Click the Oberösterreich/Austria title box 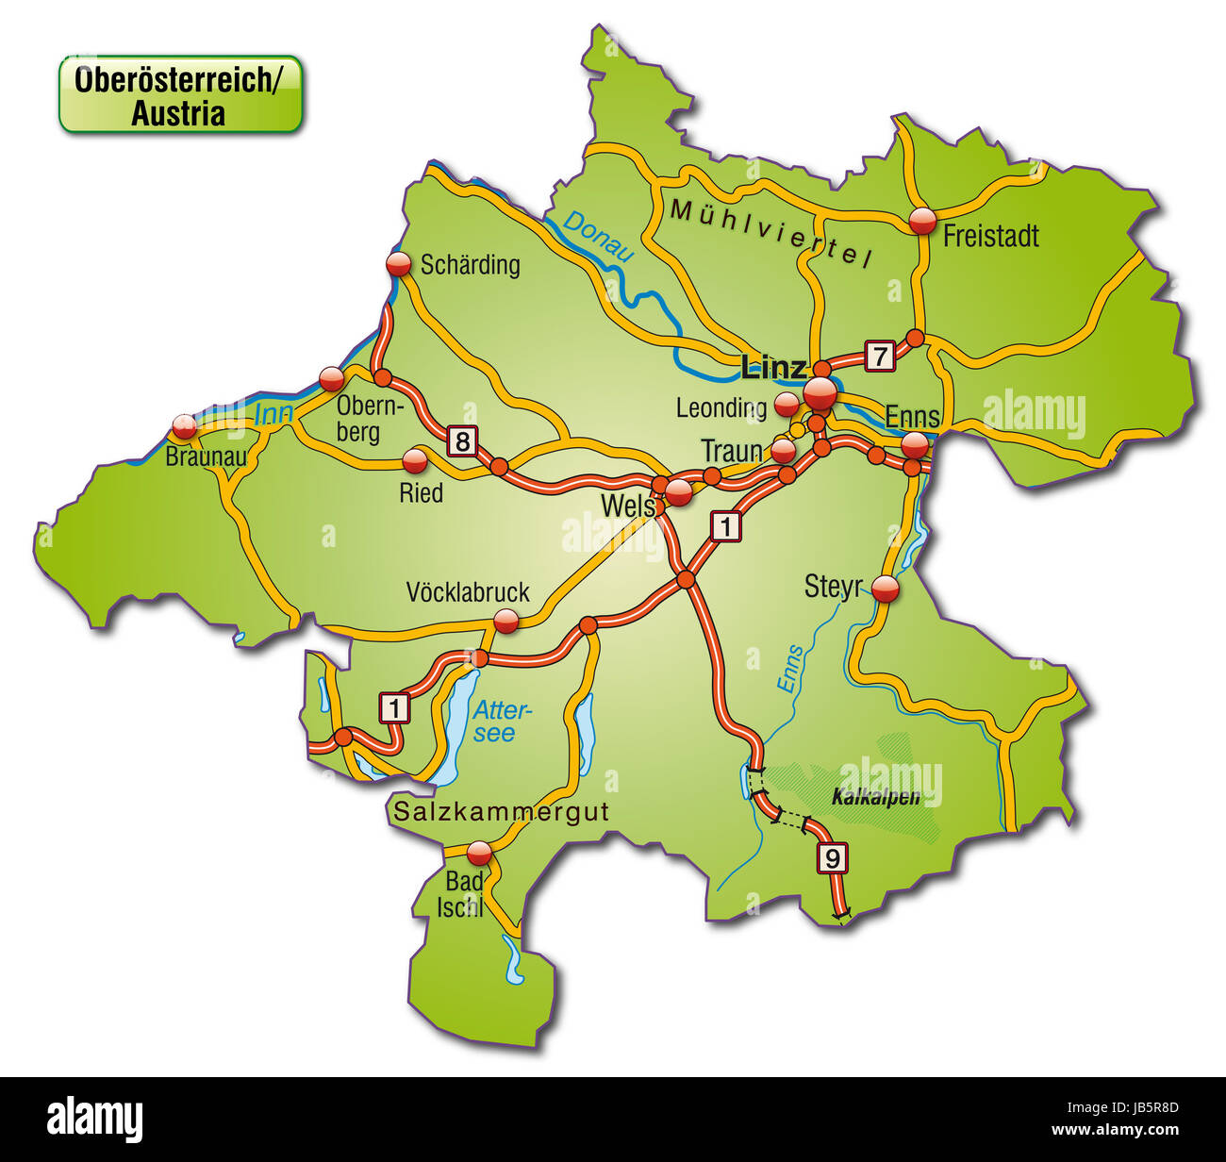click(x=180, y=94)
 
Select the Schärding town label click(x=470, y=264)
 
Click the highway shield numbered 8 click(x=461, y=440)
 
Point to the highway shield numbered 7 click(x=879, y=356)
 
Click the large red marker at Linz click(x=820, y=393)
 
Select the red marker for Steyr click(x=886, y=589)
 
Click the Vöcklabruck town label click(x=468, y=592)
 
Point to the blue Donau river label click(x=598, y=235)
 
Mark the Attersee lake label click(x=503, y=721)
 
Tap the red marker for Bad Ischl click(x=480, y=853)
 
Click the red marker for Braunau click(x=184, y=426)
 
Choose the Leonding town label click(x=721, y=407)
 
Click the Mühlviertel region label click(x=769, y=233)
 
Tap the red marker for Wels click(x=679, y=490)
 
